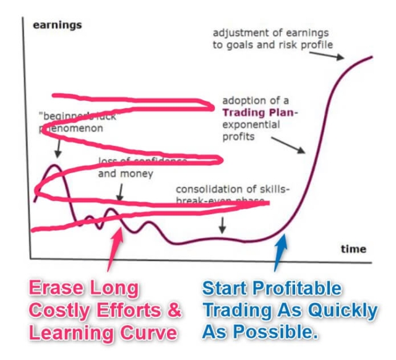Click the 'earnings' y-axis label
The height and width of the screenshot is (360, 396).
(x=57, y=25)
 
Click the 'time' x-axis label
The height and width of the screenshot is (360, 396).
(x=353, y=249)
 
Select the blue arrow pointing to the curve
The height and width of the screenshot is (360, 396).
(x=280, y=252)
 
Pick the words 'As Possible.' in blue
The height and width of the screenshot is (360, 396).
(x=259, y=333)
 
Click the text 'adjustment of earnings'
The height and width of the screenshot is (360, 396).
(x=270, y=33)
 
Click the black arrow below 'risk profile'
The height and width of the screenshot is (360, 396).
(x=333, y=55)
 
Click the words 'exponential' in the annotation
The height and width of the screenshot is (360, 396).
(x=251, y=124)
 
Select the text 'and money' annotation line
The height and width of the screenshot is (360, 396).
(x=126, y=174)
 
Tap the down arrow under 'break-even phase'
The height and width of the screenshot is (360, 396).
(x=223, y=226)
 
